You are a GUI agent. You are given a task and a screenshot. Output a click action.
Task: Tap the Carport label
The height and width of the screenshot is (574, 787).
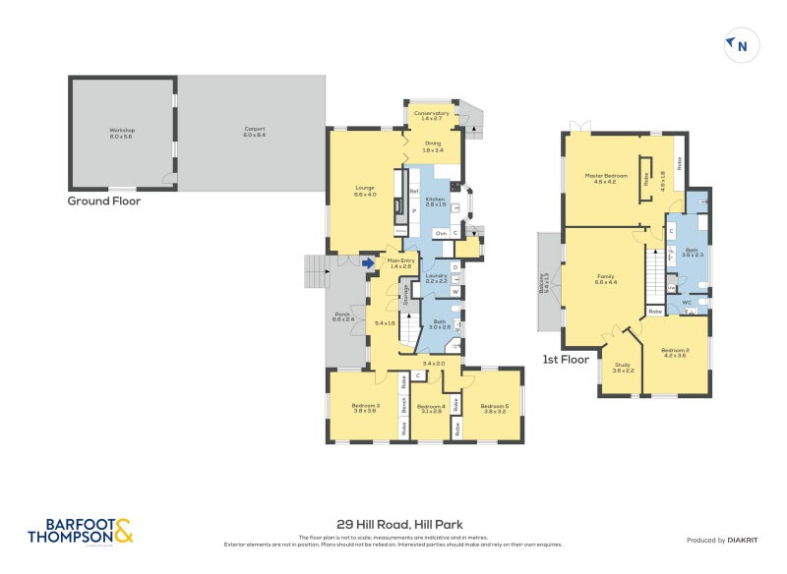[255, 132]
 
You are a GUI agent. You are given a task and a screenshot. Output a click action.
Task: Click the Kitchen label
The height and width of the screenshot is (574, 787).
[436, 201]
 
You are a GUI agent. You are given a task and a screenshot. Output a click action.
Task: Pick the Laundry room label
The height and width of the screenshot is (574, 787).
[437, 278]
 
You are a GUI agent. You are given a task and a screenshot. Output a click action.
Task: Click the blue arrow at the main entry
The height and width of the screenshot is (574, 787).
[369, 262]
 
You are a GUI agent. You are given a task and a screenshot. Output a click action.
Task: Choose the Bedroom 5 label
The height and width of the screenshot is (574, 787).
[493, 407]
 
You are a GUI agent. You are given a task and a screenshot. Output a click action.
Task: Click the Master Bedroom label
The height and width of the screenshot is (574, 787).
[605, 178]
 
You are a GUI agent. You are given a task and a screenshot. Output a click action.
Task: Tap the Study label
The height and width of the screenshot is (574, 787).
[624, 367]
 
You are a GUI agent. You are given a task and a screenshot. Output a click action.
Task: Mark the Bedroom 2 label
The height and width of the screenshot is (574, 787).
[674, 352]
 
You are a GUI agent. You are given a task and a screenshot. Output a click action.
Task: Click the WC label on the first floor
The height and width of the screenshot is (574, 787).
[688, 303]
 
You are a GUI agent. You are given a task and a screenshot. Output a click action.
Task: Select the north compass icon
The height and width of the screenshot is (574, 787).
[741, 44]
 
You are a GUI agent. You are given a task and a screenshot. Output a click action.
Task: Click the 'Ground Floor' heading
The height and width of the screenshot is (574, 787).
[103, 201]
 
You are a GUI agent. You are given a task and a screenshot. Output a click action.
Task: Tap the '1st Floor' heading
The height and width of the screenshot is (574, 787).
[566, 360]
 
